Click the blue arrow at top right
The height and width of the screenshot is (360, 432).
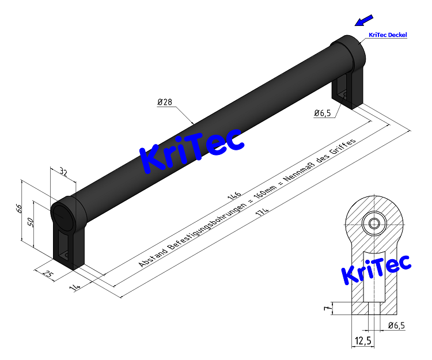(x=363, y=21)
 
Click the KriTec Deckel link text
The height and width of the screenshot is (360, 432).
(x=388, y=35)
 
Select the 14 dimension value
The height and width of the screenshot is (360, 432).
(x=73, y=286)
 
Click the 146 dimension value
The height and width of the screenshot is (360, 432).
(x=234, y=195)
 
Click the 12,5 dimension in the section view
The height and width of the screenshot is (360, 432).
(x=363, y=342)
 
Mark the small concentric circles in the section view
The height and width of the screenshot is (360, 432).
(x=375, y=223)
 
